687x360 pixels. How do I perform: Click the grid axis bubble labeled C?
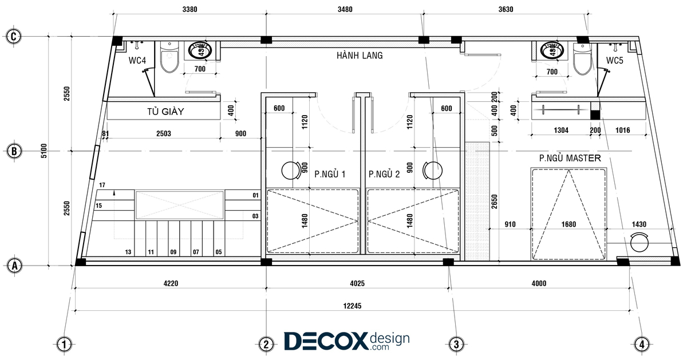coord(14,37)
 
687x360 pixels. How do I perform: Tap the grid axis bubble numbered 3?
coord(456,344)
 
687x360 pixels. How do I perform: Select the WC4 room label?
coord(137,61)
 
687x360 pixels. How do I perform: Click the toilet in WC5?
coord(582,60)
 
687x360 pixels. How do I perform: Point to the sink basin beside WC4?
coord(200,50)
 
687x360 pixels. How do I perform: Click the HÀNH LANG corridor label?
coord(360,56)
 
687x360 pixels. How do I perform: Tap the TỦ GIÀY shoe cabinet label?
coord(165,111)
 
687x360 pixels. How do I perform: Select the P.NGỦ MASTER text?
coord(570,158)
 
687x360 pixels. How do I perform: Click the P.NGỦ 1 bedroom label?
coord(330,174)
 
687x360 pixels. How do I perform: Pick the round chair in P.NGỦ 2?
coord(432,171)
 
